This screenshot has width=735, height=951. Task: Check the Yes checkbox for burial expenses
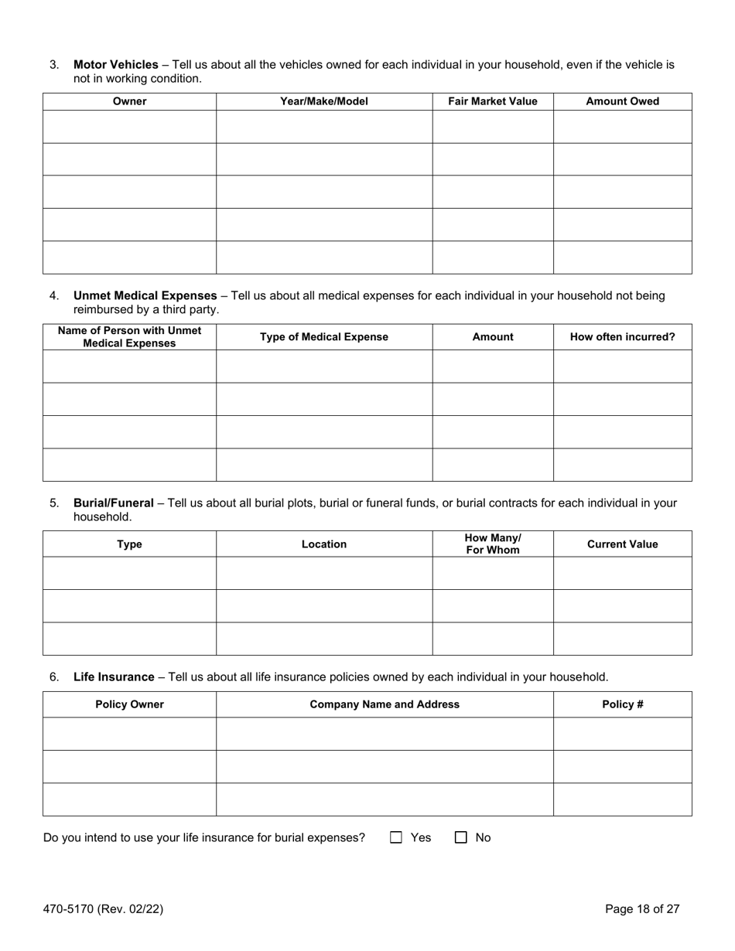click(x=396, y=837)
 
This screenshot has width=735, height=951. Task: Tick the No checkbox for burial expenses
click(x=461, y=837)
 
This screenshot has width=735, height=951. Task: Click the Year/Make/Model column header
click(x=323, y=101)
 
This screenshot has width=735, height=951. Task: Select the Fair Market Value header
click(x=492, y=101)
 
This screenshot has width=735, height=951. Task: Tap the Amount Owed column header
click(x=622, y=101)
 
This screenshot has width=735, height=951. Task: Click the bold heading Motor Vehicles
click(x=115, y=65)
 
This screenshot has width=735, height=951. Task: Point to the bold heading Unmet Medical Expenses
click(x=145, y=296)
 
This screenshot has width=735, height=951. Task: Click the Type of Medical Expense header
click(x=323, y=337)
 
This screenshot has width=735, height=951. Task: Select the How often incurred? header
click(x=622, y=337)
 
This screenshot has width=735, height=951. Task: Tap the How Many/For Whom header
click(x=492, y=544)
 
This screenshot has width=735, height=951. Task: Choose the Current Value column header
click(x=622, y=544)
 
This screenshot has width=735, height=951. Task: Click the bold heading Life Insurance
click(x=114, y=677)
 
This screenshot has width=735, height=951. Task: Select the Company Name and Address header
click(x=385, y=704)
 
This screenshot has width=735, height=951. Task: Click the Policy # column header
click(x=622, y=704)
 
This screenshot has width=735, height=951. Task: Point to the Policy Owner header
click(x=129, y=704)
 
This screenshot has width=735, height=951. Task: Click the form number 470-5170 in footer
click(x=103, y=909)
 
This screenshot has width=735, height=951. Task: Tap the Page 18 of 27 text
click(x=642, y=909)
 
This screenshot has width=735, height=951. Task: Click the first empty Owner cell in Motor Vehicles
click(x=129, y=127)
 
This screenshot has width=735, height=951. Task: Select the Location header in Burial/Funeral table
click(x=323, y=544)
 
